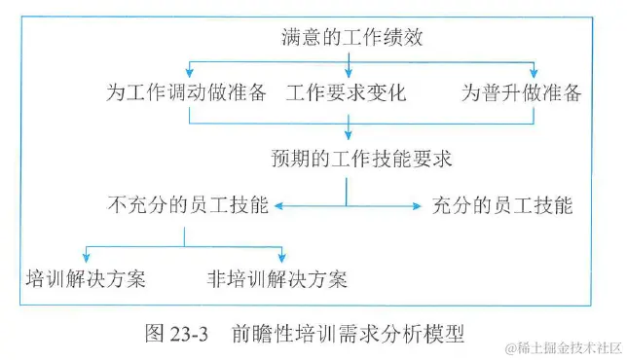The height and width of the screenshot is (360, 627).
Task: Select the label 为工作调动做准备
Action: [186, 94]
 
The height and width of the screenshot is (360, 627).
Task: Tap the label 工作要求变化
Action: [346, 94]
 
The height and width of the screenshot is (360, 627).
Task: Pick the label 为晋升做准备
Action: [521, 94]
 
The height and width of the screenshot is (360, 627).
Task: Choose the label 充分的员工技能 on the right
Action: [501, 206]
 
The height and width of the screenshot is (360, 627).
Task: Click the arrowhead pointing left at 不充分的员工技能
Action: [279, 206]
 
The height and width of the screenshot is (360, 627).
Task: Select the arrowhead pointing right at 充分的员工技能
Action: [416, 206]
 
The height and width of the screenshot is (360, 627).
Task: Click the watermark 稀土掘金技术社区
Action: [568, 347]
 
